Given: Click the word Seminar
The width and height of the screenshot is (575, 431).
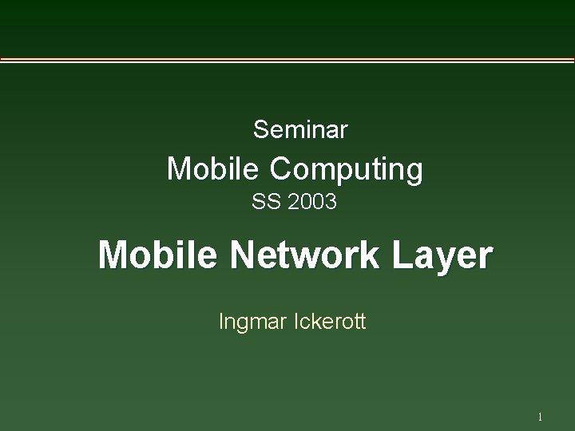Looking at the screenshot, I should pyautogui.click(x=300, y=129).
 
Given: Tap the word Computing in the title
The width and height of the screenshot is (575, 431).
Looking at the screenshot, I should pyautogui.click(x=346, y=168).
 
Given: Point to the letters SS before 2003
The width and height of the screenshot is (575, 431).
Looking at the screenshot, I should pyautogui.click(x=264, y=203).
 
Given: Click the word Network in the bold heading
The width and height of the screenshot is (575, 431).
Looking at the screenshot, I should pyautogui.click(x=306, y=256).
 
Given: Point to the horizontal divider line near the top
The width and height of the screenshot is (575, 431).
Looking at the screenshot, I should pyautogui.click(x=287, y=61).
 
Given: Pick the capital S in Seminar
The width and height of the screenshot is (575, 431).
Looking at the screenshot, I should pyautogui.click(x=259, y=129).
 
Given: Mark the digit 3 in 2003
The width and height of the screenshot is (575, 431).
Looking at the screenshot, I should pyautogui.click(x=331, y=203).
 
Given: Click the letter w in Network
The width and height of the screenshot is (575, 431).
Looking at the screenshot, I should pyautogui.click(x=305, y=259).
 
